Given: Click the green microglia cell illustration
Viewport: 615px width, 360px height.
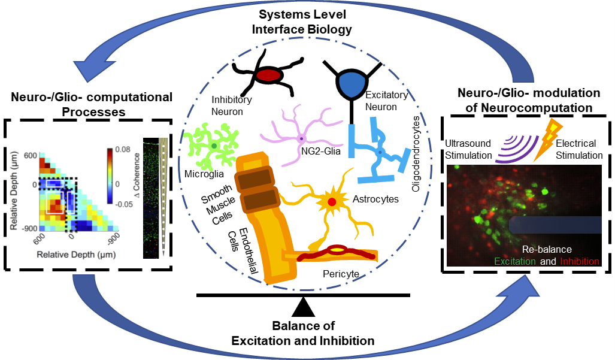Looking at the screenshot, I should pos(213,145).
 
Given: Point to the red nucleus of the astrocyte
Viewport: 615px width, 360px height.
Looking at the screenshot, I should pos(331,202).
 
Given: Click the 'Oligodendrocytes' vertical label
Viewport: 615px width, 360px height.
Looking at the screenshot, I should pos(416,153).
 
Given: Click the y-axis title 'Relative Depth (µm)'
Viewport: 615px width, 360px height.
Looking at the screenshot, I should pos(14,192).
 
